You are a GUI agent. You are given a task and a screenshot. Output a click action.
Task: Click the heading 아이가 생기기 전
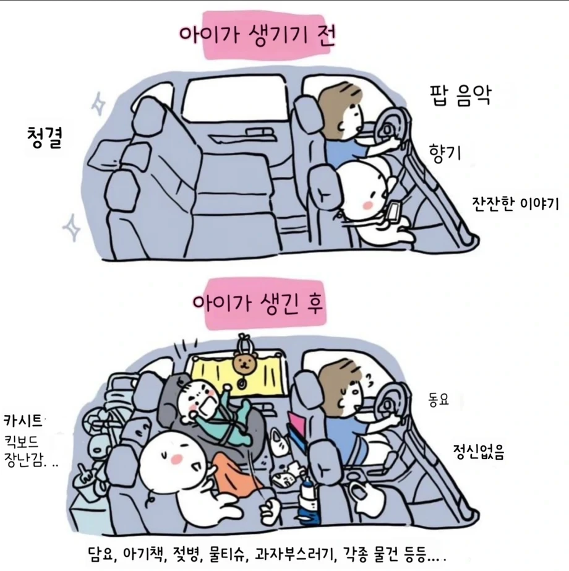click(257, 35)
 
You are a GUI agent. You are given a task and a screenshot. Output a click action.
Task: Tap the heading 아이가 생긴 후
click(258, 303)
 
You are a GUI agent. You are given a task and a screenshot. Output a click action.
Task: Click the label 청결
click(45, 137)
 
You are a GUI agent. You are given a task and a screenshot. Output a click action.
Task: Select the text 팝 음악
click(461, 95)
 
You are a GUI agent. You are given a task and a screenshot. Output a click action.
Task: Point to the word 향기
click(445, 152)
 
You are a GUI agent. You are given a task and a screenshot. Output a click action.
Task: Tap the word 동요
click(439, 400)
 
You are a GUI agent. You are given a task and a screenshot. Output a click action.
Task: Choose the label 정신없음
click(478, 452)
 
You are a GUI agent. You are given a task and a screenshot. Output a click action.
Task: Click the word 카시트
click(23, 420)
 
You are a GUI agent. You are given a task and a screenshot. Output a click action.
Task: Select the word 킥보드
click(22, 442)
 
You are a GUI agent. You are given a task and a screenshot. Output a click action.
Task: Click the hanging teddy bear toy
click(244, 363)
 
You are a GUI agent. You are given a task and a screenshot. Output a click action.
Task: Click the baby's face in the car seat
click(199, 399)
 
